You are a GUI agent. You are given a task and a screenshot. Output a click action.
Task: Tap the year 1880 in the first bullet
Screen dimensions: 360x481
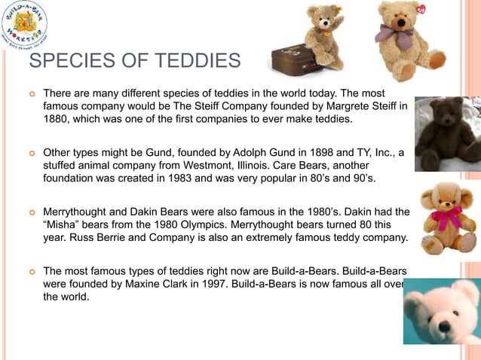[56, 120]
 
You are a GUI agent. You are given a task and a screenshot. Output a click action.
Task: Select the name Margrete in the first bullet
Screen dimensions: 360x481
[323, 106]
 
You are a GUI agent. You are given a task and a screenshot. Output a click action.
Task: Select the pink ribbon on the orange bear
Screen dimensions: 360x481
[448, 218]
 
